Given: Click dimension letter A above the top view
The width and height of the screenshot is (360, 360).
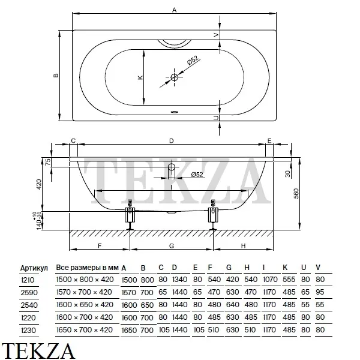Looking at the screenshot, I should (174, 10).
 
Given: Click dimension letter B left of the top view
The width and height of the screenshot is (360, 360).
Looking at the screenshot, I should (55, 76).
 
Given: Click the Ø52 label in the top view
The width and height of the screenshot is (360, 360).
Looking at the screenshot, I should (191, 60).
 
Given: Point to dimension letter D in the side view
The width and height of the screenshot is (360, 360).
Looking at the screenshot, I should (171, 140).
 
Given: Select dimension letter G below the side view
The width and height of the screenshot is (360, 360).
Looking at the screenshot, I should (171, 247).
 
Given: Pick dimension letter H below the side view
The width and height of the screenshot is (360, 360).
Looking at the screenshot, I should (243, 247).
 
